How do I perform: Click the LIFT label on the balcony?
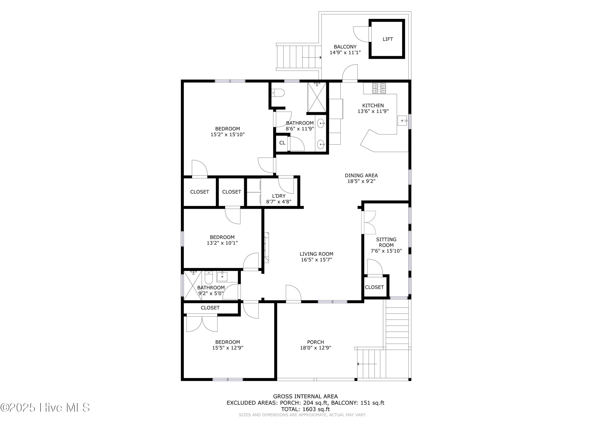[388, 39]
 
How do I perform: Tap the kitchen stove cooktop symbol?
[379, 88]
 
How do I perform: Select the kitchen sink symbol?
[402, 121]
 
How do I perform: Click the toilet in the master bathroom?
[278, 93]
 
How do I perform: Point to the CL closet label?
[282, 143]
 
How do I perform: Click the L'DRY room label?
[279, 196]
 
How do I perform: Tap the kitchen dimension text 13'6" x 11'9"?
[373, 111]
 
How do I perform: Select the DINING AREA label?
[361, 176]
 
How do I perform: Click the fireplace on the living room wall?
[266, 248]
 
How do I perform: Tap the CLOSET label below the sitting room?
[374, 287]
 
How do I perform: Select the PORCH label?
[315, 342]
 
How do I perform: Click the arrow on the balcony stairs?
[311, 57]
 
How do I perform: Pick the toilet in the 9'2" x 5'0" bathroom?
[209, 278]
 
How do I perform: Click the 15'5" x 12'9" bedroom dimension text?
[228, 348]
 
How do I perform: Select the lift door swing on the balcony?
[362, 34]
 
